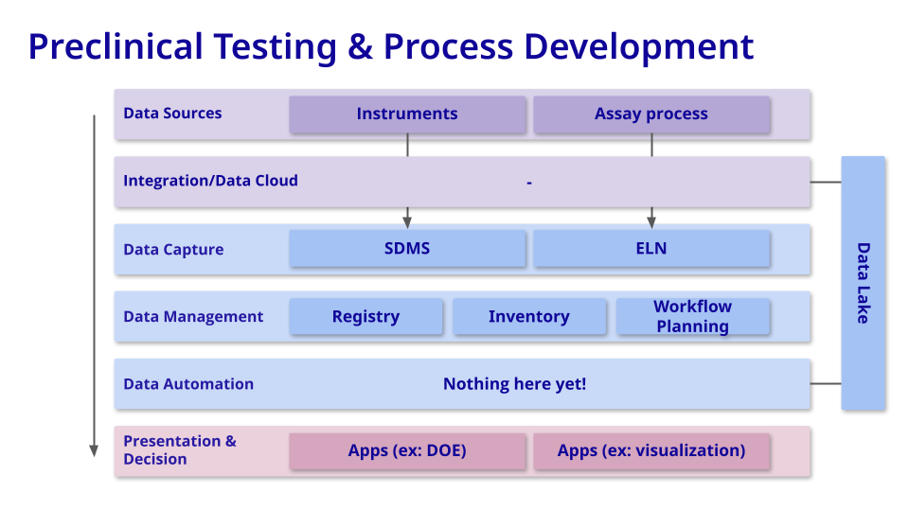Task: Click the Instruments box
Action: (407, 115)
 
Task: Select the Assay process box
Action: (651, 115)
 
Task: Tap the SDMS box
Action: (407, 249)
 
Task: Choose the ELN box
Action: (651, 249)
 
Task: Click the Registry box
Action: (365, 317)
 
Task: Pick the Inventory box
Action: (528, 317)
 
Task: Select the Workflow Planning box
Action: (692, 317)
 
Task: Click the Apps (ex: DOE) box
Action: (407, 451)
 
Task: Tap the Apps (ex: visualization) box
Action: (651, 451)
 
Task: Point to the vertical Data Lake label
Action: (863, 283)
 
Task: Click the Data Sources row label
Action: (172, 114)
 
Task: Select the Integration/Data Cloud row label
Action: (210, 181)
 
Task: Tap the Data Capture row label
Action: (173, 250)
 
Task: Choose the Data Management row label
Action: (193, 317)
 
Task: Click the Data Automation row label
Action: (188, 384)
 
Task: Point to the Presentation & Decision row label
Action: (180, 450)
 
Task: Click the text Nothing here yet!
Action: (514, 384)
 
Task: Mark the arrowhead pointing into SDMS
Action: (407, 221)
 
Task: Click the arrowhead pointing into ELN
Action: (651, 221)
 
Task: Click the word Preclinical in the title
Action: (116, 46)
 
